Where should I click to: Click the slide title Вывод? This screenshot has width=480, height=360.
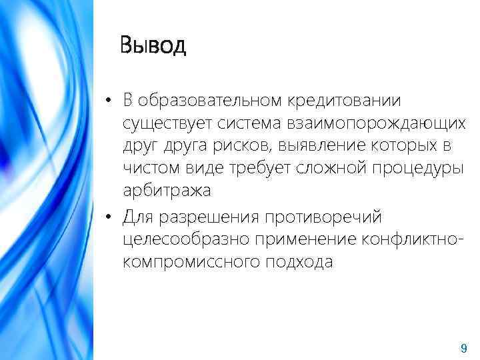coord(153,46)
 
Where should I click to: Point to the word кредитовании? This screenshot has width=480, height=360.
coord(345,101)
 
